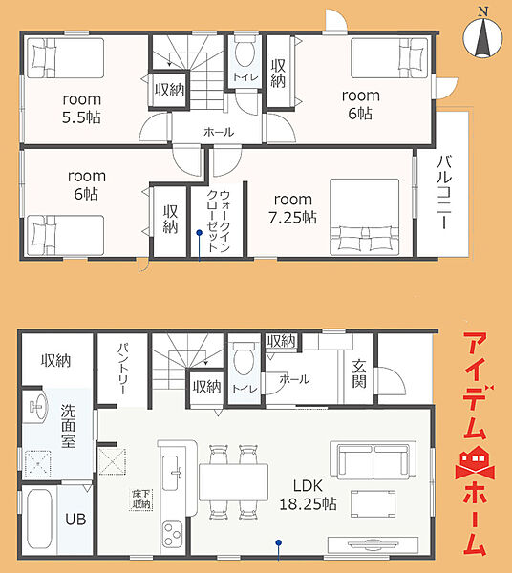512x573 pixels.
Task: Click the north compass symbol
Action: pyautogui.click(x=482, y=36)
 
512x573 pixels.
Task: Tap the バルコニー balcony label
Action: pyautogui.click(x=443, y=193)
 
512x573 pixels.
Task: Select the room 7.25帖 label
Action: pyautogui.click(x=292, y=208)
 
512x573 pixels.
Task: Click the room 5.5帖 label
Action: pyautogui.click(x=81, y=109)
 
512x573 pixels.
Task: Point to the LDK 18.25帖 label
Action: pyautogui.click(x=308, y=495)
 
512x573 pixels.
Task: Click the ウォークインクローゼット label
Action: pyautogui.click(x=218, y=222)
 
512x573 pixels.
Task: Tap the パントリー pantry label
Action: pyautogui.click(x=123, y=369)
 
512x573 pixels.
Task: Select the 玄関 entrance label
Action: pyautogui.click(x=359, y=373)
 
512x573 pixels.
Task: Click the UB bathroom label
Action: pyautogui.click(x=75, y=519)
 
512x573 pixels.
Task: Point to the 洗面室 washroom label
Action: pyautogui.click(x=69, y=426)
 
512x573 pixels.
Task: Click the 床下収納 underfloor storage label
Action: pyautogui.click(x=141, y=499)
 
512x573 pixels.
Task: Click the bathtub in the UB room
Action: pyautogui.click(x=39, y=519)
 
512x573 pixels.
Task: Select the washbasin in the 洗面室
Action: pyautogui.click(x=37, y=407)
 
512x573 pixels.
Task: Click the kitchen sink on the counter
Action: pyautogui.click(x=172, y=473)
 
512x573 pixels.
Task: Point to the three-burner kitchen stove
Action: pyautogui.click(x=172, y=534)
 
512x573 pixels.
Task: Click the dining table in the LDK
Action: pyautogui.click(x=233, y=482)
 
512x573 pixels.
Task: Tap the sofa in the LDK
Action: pyautogui.click(x=373, y=460)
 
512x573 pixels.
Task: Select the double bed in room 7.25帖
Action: pyautogui.click(x=364, y=217)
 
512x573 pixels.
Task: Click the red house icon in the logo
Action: pyautogui.click(x=475, y=462)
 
